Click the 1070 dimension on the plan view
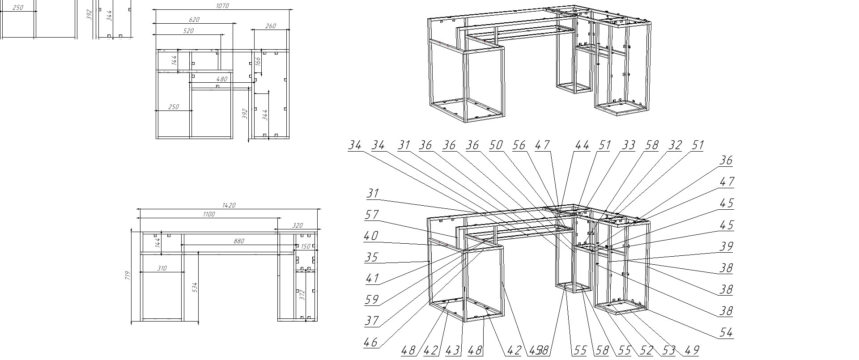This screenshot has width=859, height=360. point(222,6)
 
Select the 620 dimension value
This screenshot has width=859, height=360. point(194,20)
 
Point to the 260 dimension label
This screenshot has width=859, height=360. point(271,26)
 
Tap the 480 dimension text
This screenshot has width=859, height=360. point(222,79)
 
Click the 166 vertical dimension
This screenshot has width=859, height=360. point(258,62)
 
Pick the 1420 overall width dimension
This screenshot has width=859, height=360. point(229,205)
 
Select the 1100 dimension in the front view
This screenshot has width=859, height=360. point(208,214)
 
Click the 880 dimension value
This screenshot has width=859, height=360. point(239,241)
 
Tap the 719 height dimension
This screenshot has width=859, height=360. point(128,275)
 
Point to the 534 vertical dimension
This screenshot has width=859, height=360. point(194,287)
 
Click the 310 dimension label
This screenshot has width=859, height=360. point(162,268)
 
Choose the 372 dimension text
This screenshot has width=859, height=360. point(302,294)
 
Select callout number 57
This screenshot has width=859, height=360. point(372,215)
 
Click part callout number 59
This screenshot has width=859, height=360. point(372,300)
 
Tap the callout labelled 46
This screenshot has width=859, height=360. point(371,343)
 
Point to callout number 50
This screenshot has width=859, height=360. point(496,145)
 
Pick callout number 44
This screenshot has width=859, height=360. point(583,145)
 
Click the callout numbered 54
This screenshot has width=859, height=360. point(727,333)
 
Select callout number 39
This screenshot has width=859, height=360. point(727,246)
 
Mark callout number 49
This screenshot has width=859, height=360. point(692,351)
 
